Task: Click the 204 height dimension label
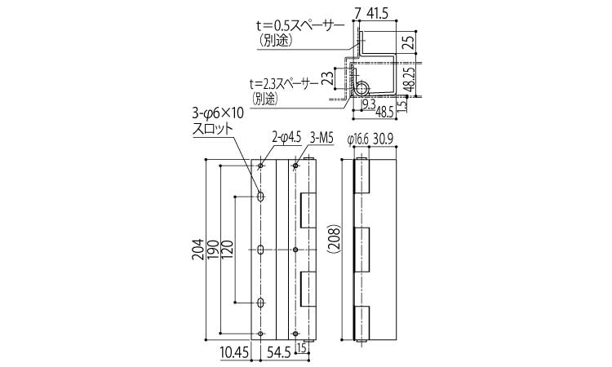pos(198,250)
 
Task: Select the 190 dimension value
pos(214,250)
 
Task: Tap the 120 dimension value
pos(228,250)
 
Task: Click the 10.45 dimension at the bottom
pos(234,353)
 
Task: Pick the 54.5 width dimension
pos(279,353)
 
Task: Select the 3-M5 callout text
pos(322,139)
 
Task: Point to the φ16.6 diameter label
pos(357,139)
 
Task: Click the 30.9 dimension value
pos(383,139)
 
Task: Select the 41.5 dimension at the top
pos(378,14)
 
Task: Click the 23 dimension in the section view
pos(329,77)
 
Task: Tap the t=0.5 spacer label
pos(300,26)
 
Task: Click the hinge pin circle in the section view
pos(362,88)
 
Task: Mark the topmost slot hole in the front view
pos(260,197)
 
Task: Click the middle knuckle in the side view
pos(361,250)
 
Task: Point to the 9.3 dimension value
pos(369,104)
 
